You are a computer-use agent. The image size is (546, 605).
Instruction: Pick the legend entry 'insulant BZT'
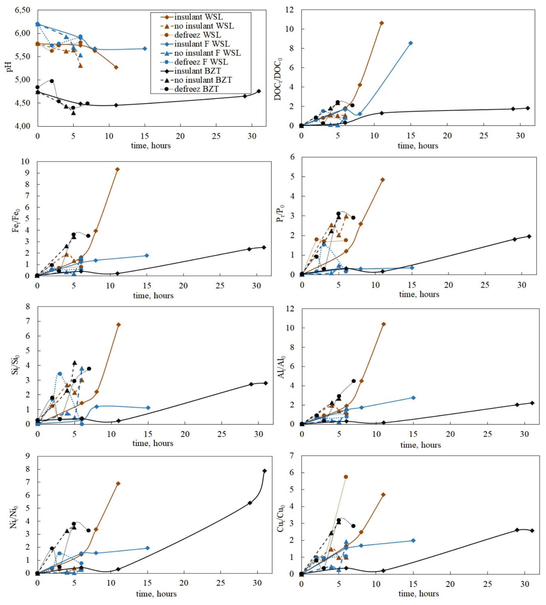197,71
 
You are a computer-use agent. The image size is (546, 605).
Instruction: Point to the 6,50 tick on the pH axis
22,10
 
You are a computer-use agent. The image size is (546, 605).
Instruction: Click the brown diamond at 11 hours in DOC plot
382,23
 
